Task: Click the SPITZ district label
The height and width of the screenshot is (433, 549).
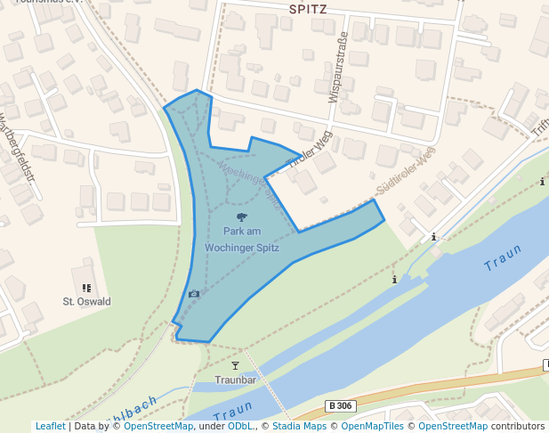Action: [x=308, y=10]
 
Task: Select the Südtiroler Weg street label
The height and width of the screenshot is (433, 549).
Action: [x=406, y=170]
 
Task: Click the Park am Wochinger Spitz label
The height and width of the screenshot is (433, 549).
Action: [x=241, y=240]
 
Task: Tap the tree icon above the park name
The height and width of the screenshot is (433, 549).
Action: [x=241, y=216]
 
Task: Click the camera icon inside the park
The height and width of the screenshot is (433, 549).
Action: [x=194, y=293]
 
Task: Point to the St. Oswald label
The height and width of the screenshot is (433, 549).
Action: [x=86, y=301]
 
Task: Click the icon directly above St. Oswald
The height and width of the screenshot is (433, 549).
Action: [x=86, y=288]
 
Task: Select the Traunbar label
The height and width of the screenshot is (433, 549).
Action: [x=235, y=380]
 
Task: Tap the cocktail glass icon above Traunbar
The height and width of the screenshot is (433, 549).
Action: [x=235, y=366]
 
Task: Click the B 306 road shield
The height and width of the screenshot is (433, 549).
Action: [x=340, y=405]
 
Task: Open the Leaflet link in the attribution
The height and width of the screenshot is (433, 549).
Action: [x=50, y=426]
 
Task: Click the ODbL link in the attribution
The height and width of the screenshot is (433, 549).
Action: [x=240, y=426]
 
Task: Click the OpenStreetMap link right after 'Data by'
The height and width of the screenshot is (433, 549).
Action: [x=157, y=426]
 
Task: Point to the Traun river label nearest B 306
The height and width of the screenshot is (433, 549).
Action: [x=234, y=412]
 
